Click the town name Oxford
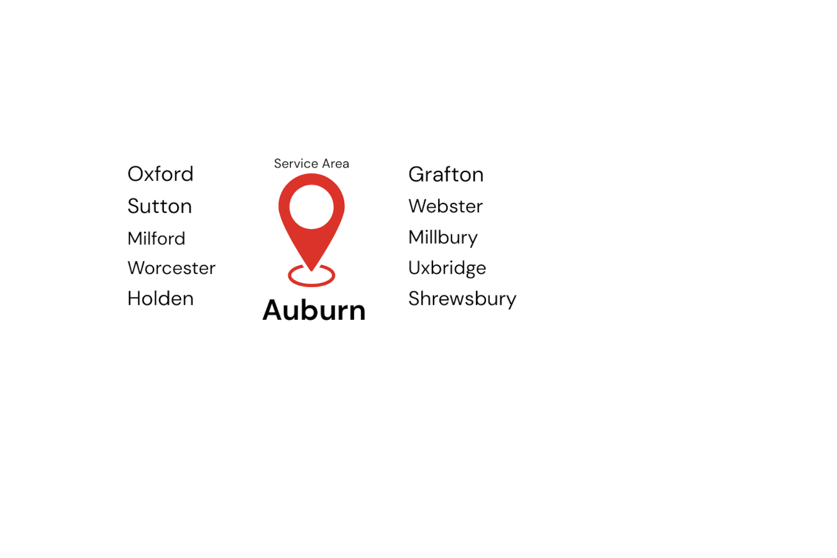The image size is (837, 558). pos(160,174)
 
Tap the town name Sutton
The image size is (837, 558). pos(159,206)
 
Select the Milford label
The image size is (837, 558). pos(156,238)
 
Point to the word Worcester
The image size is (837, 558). pos(171,268)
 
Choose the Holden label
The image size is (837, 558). pos(160,299)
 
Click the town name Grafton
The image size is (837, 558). pos(446,174)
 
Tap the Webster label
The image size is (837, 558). pos(445,206)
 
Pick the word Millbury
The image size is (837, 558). pos(443,238)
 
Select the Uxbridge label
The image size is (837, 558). pos(447,268)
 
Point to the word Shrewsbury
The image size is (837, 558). pos(462,299)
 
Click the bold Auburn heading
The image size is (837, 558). pos(314,310)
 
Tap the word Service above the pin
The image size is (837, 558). pos(295,164)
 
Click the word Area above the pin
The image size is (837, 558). pos(335,164)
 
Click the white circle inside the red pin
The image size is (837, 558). pos(312,207)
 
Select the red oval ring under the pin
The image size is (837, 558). pos(312,283)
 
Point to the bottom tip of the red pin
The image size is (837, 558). pos(312,269)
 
